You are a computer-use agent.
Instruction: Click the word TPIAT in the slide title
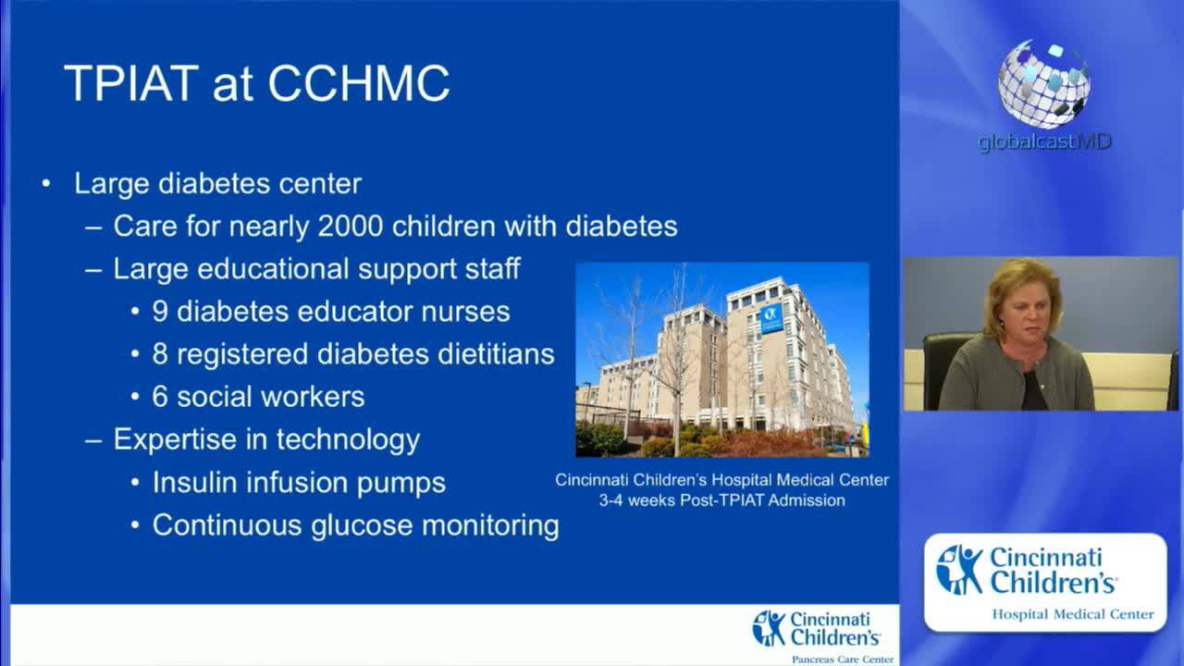(131, 83)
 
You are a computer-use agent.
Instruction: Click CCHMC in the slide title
(359, 83)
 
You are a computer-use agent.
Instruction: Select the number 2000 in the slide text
(351, 227)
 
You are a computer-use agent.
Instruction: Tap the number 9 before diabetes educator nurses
(160, 312)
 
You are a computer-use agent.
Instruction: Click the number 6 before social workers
(160, 397)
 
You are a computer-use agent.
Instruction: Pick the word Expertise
(175, 439)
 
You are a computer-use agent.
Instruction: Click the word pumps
(401, 484)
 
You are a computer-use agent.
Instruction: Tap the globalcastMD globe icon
(1043, 84)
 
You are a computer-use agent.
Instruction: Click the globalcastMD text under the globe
(1044, 142)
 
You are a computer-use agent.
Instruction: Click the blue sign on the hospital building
(771, 319)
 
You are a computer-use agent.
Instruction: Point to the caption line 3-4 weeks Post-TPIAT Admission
(722, 500)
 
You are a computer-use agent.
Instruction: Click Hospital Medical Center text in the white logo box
(1073, 614)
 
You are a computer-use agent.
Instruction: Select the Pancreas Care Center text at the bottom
(843, 660)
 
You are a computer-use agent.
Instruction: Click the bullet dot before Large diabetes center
(46, 184)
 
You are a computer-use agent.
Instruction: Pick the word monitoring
(490, 526)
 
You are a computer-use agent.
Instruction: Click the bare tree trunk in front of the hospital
(677, 417)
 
